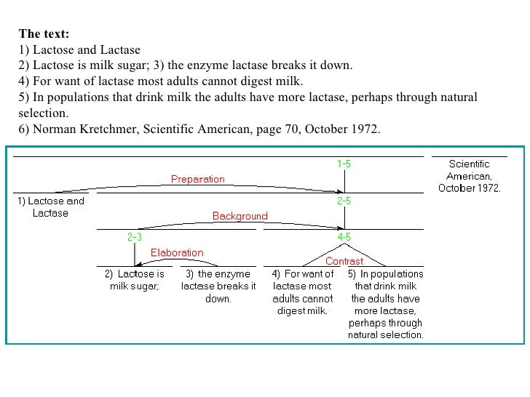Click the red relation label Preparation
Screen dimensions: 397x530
tap(198, 179)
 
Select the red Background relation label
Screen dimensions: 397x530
tap(240, 216)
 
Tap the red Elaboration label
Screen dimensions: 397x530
tap(177, 253)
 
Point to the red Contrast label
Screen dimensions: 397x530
tap(344, 261)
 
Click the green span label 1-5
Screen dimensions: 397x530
tap(344, 164)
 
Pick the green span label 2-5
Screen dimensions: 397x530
tap(344, 201)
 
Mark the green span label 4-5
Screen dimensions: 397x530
tap(344, 237)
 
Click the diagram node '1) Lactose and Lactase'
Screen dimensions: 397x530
tap(51, 207)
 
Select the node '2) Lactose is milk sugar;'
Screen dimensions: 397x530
tap(134, 280)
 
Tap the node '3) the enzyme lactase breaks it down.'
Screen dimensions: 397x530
tap(218, 286)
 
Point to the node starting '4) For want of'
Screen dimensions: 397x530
tap(303, 292)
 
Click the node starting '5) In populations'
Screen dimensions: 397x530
tap(386, 305)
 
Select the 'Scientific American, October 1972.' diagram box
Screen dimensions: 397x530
tap(469, 176)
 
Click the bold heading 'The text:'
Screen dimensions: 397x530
tap(44, 33)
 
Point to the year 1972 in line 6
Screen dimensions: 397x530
tap(365, 129)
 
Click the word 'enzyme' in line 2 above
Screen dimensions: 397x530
tap(216, 65)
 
